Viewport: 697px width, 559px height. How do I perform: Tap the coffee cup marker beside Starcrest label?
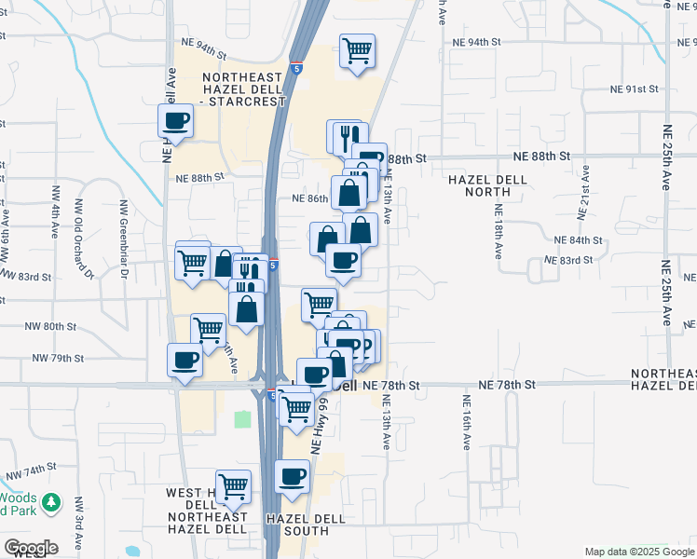click(x=175, y=119)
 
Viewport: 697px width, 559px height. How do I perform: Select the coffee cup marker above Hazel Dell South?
click(x=292, y=477)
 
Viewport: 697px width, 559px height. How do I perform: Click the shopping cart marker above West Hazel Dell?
click(x=233, y=485)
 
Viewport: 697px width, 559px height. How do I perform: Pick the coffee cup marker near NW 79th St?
click(x=184, y=360)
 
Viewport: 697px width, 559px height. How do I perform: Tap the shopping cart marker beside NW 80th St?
click(x=208, y=329)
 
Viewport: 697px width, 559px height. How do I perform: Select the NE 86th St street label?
click(x=310, y=198)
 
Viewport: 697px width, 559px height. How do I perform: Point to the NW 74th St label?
click(x=32, y=475)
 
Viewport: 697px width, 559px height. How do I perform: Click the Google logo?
click(x=31, y=548)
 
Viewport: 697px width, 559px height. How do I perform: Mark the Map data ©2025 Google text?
click(x=638, y=552)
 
